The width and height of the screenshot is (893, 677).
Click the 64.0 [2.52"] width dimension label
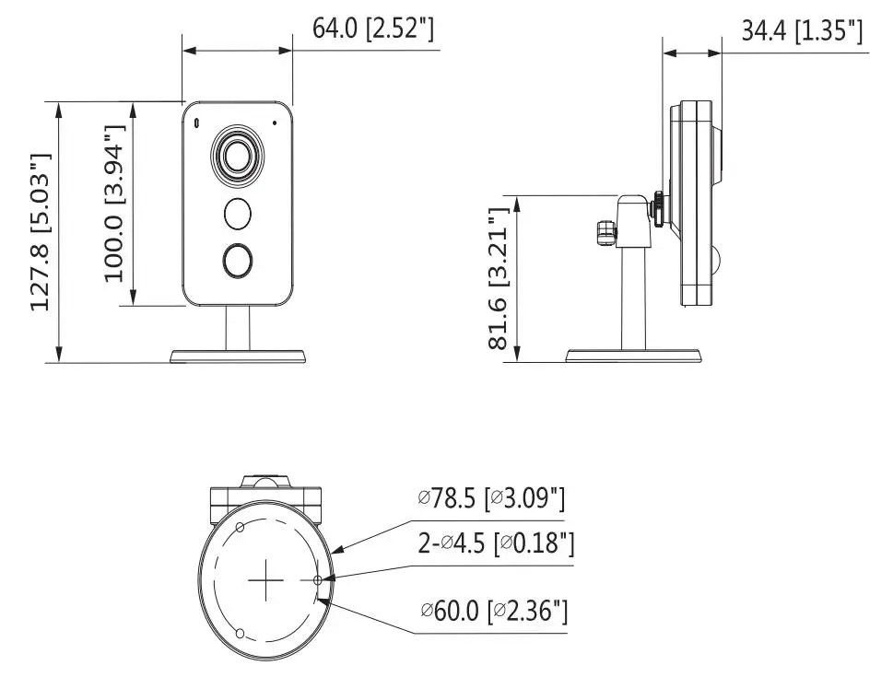tap(373, 28)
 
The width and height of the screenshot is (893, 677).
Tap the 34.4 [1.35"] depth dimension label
tap(802, 30)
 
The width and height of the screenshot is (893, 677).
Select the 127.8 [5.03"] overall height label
tap(41, 232)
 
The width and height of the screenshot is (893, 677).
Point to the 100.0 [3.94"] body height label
tap(114, 204)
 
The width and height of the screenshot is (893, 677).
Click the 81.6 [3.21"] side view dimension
tap(499, 278)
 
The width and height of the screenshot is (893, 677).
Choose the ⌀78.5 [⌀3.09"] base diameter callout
tap(491, 499)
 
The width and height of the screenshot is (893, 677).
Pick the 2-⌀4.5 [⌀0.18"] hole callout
tap(496, 543)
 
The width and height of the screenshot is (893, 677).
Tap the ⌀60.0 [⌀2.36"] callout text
tap(494, 612)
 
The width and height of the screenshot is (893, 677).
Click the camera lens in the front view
tap(238, 155)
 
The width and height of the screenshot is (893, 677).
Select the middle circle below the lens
tap(238, 214)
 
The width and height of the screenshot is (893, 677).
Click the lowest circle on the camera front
tap(238, 261)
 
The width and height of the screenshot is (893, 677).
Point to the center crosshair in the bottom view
tap(266, 579)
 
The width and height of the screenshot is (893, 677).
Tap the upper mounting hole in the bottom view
tap(240, 527)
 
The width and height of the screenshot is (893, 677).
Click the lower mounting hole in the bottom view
tap(240, 633)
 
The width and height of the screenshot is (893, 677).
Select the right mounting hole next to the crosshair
tap(318, 580)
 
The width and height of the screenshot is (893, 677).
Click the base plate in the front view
tap(238, 356)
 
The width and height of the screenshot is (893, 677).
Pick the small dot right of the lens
tap(275, 122)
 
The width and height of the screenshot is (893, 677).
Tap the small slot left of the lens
tap(197, 123)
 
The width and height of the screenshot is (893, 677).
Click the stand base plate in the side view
tap(633, 356)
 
